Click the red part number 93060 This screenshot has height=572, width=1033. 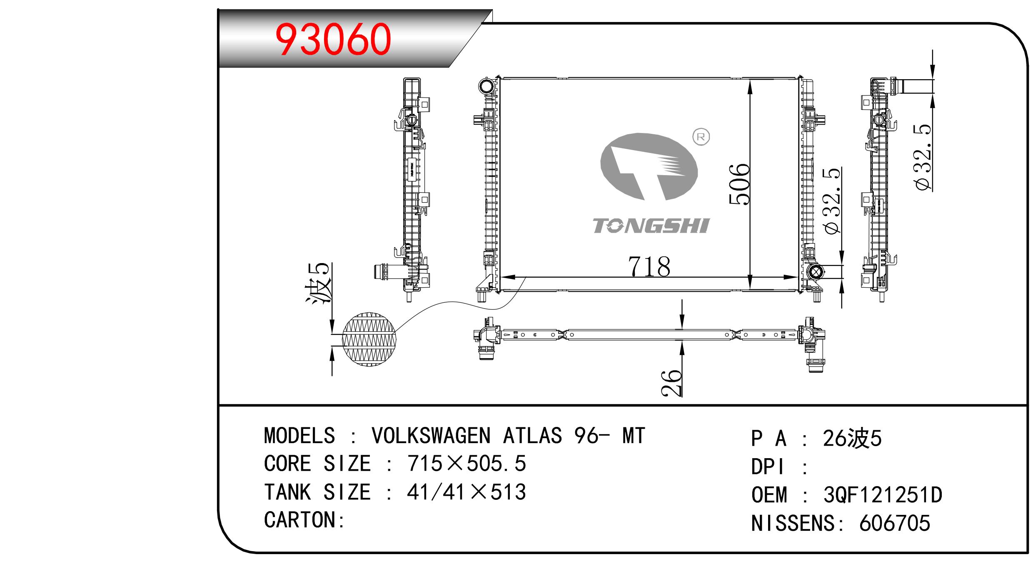[333, 40]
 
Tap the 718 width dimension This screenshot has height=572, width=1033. [649, 267]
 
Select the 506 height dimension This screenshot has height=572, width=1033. [739, 184]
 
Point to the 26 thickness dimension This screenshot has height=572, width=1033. [671, 382]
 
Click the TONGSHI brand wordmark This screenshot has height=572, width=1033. [651, 226]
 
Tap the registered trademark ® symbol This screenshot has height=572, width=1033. [701, 137]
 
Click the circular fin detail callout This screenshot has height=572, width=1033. [369, 339]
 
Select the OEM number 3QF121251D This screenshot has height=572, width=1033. [883, 495]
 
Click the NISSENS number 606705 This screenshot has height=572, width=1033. [894, 523]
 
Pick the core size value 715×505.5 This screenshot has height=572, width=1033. [467, 464]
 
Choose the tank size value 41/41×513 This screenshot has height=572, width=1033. [467, 492]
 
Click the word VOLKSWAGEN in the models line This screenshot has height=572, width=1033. [431, 436]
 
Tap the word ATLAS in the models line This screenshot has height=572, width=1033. [532, 436]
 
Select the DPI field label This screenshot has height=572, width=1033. [768, 467]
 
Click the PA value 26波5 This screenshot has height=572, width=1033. [852, 439]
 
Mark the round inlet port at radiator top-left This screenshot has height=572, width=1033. [486, 87]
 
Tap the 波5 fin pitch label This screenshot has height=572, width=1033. [319, 282]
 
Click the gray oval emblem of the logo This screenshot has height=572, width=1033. [649, 167]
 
